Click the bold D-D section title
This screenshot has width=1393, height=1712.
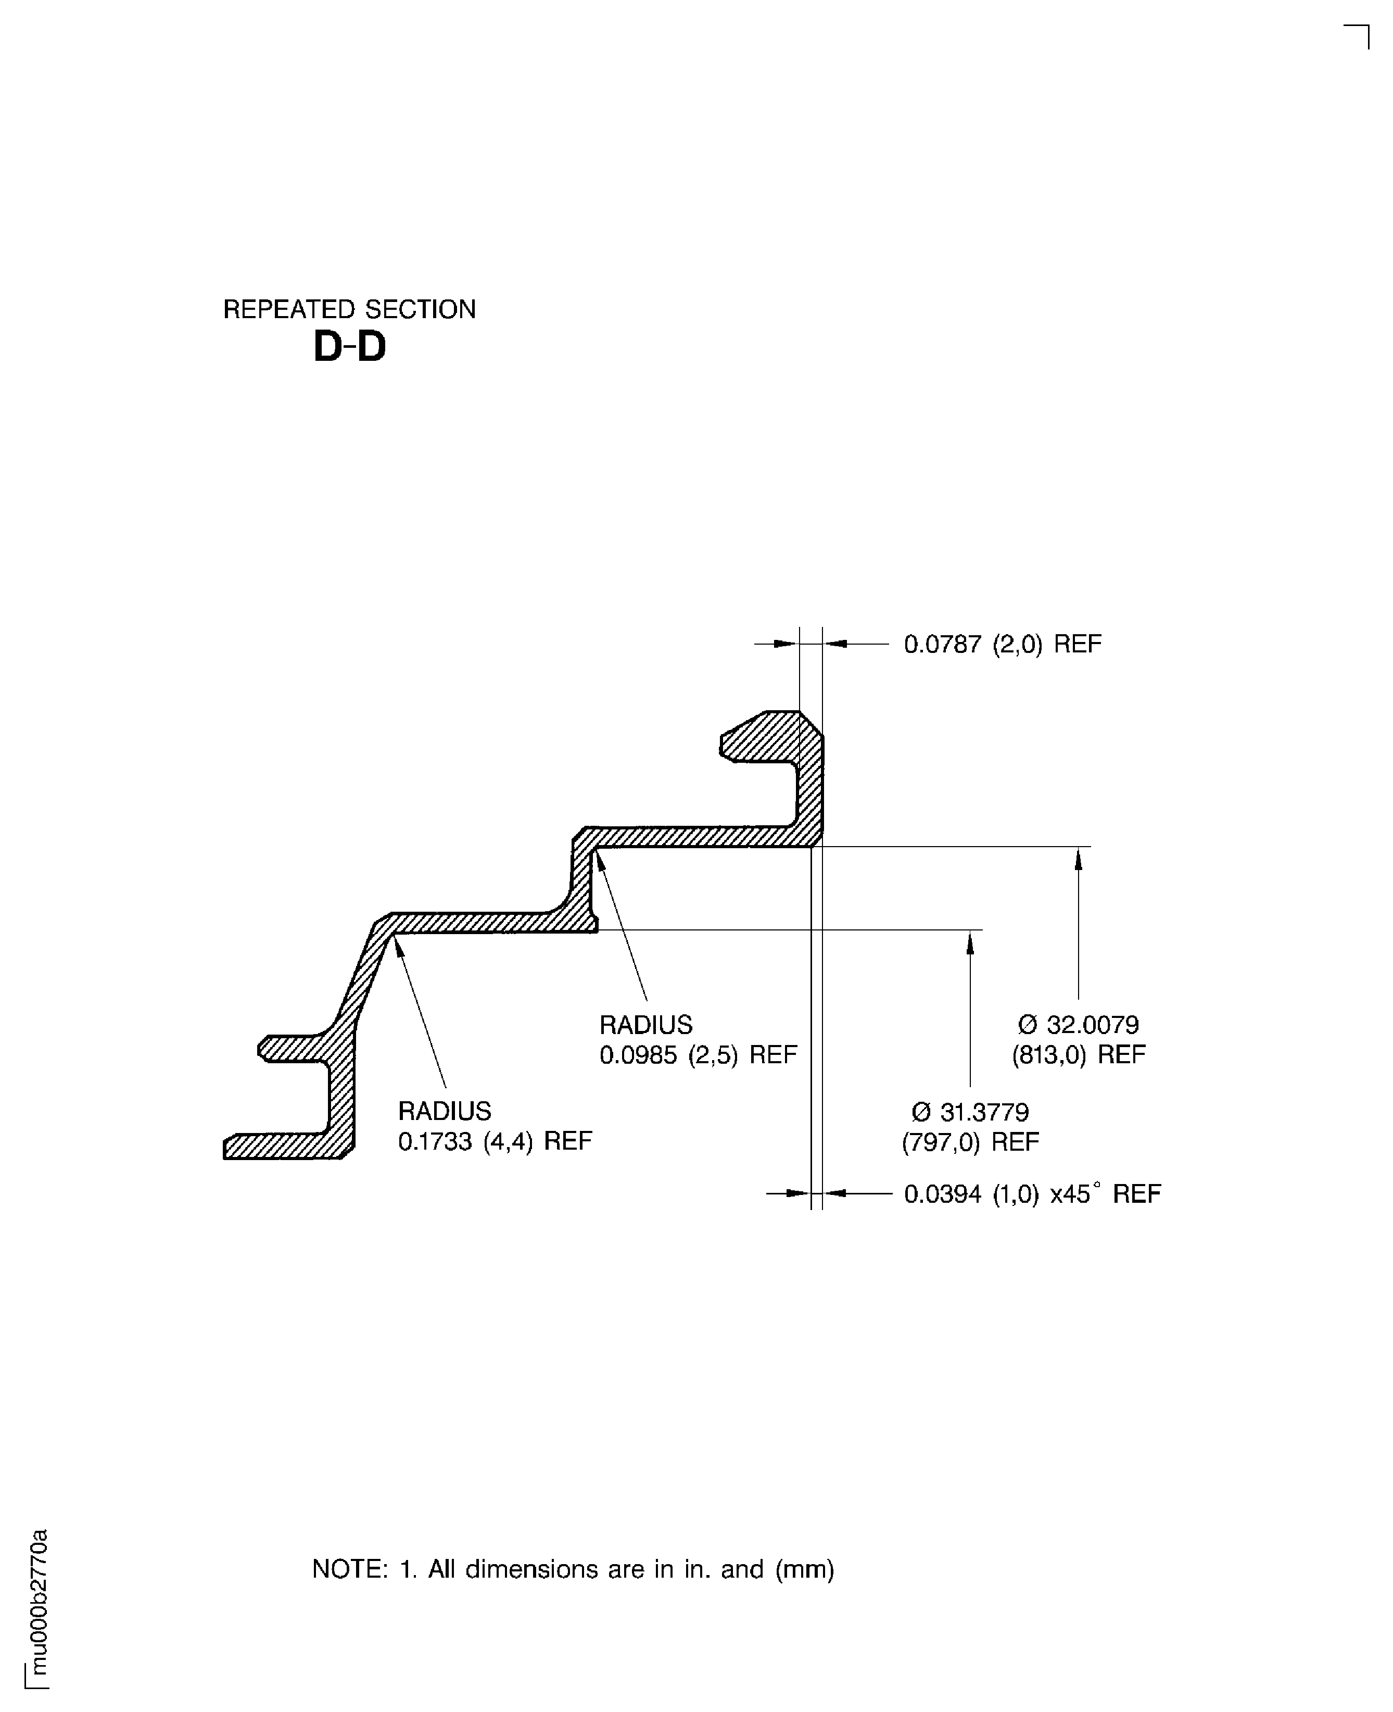(x=349, y=347)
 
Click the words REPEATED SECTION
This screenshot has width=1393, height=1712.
(x=349, y=309)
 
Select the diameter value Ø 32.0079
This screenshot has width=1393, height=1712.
(x=1079, y=1025)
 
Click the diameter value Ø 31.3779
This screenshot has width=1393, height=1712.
(x=970, y=1113)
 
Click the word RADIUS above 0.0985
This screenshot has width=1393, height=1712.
(x=646, y=1025)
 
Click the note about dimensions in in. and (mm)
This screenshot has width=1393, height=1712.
(x=573, y=1569)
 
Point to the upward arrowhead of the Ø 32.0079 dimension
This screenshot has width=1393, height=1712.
(x=1079, y=859)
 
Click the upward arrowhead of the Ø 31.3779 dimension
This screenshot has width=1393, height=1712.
(x=970, y=942)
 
